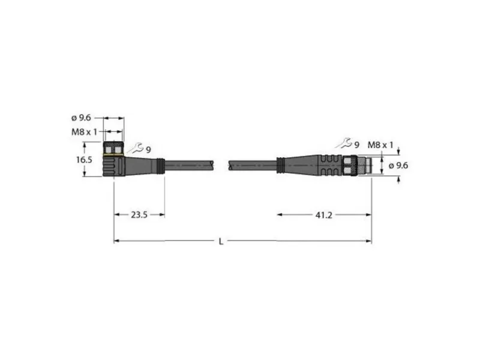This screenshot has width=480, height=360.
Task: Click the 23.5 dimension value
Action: pyautogui.click(x=139, y=215)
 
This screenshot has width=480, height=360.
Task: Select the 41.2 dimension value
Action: pyautogui.click(x=323, y=215)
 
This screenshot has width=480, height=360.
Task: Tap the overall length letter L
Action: pyautogui.click(x=221, y=242)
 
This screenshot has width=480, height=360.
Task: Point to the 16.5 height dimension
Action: pyautogui.click(x=84, y=160)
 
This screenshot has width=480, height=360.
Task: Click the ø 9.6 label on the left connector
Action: pyautogui.click(x=81, y=118)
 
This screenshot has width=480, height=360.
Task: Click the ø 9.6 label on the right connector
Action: pyautogui.click(x=398, y=166)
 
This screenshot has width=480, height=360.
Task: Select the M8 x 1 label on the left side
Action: pyautogui.click(x=84, y=132)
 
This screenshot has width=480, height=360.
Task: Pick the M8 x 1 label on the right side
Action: pyautogui.click(x=380, y=145)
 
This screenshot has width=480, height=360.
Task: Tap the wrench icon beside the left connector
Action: pyautogui.click(x=136, y=148)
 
